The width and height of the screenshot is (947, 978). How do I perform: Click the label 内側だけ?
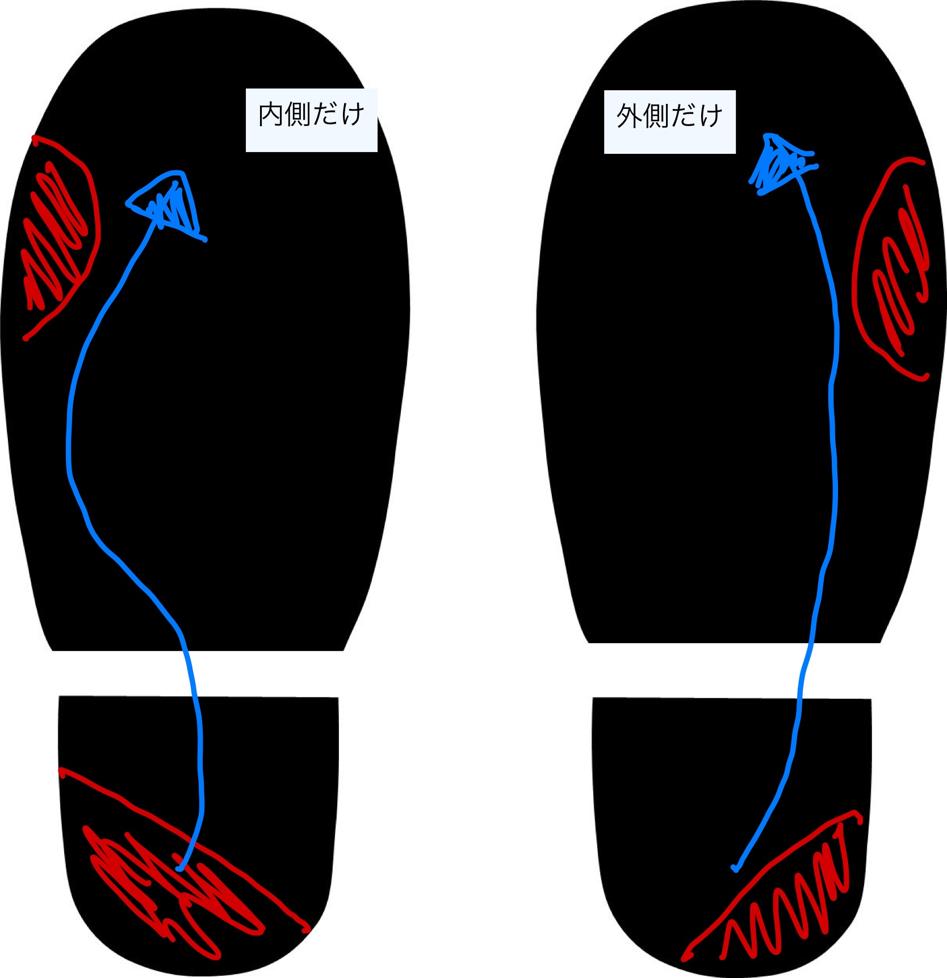click(311, 120)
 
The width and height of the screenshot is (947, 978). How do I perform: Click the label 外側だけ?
click(669, 121)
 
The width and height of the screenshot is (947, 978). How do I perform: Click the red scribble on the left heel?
click(170, 885)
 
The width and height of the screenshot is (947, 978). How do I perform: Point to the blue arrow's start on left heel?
click(179, 868)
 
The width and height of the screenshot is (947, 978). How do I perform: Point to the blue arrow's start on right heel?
click(735, 868)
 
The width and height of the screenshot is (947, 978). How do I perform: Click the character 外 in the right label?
click(629, 117)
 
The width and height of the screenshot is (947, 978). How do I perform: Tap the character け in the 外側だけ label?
click(710, 117)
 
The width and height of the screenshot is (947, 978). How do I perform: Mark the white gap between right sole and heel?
click(732, 670)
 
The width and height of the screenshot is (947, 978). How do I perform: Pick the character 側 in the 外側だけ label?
click(656, 117)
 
